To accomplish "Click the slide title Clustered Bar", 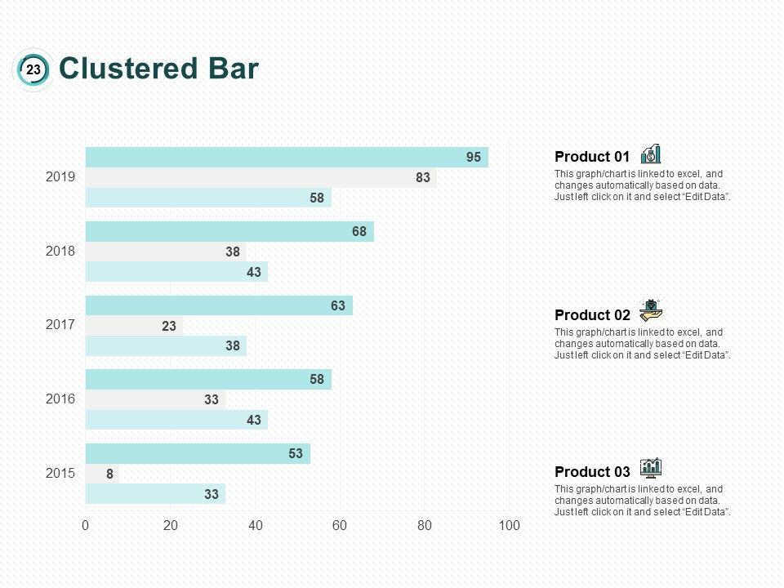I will click(159, 69).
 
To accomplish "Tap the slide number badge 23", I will click(33, 70).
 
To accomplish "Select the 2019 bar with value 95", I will click(286, 158).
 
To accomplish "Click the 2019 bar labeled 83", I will click(261, 177).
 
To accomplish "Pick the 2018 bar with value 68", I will click(229, 232).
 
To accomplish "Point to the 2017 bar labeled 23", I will click(135, 326).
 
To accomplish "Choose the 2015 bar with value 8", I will click(102, 474).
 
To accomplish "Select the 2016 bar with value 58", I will click(208, 380).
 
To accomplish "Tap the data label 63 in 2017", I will click(337, 306).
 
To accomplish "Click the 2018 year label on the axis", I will click(60, 251).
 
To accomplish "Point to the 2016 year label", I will click(60, 399).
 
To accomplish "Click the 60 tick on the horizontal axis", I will click(340, 526).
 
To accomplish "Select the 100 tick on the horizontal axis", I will click(509, 526).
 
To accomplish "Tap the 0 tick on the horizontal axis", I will click(86, 526).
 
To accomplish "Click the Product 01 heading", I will click(592, 157).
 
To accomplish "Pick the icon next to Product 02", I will click(651, 310).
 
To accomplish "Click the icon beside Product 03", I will click(651, 467).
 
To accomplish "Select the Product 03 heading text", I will click(592, 472).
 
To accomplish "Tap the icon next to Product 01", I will click(651, 154).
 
